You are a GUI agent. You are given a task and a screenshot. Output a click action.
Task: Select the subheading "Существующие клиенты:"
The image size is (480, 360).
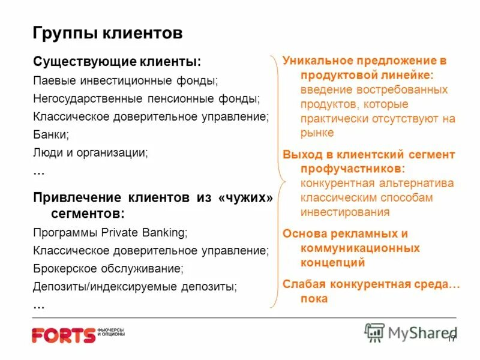point(116,62)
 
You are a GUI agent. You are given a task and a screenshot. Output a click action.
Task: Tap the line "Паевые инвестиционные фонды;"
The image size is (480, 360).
point(125,80)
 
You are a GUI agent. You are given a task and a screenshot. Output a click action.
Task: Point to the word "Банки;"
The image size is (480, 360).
point(51,134)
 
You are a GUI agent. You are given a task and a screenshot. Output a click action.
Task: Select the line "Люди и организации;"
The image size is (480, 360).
point(91,152)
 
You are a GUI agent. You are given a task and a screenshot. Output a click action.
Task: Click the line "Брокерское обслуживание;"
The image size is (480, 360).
point(108,268)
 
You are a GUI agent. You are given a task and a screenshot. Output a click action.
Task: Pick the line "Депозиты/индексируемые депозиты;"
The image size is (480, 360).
point(135,286)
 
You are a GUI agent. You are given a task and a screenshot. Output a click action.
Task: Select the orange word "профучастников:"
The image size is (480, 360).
point(352,169)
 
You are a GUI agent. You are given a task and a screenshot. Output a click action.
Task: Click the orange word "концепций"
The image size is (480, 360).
point(332,262)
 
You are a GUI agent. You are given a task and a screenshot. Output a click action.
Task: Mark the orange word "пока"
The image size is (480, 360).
point(314,298)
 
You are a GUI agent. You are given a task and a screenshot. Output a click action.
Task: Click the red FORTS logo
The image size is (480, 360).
point(64,335)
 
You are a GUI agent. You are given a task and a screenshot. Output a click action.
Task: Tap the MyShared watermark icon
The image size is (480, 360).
point(374,332)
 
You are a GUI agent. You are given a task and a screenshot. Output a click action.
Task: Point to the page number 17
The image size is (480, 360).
point(452,338)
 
